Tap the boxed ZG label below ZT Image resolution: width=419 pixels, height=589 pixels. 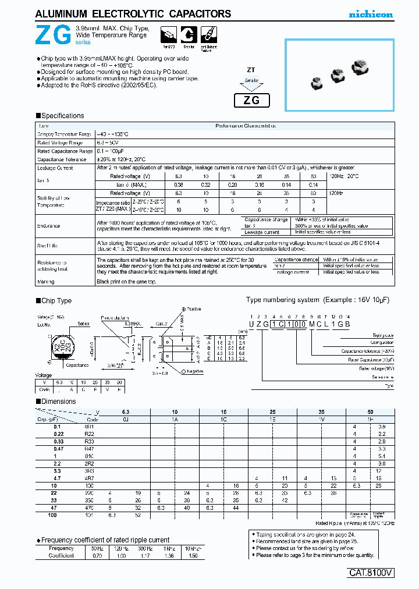(251, 100)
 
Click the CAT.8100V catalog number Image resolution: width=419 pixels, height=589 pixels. (371, 573)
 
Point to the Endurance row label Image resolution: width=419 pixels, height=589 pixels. (48, 225)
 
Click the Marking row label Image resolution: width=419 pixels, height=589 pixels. (46, 281)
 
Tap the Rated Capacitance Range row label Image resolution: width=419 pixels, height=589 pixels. (65, 151)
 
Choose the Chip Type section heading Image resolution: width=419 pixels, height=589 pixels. (56, 301)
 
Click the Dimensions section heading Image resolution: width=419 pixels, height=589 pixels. (59, 402)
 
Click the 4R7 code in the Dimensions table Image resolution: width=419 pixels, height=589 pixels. (89, 477)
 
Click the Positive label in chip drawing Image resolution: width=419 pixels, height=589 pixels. (193, 309)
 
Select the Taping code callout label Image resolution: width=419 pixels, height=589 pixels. (384, 336)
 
